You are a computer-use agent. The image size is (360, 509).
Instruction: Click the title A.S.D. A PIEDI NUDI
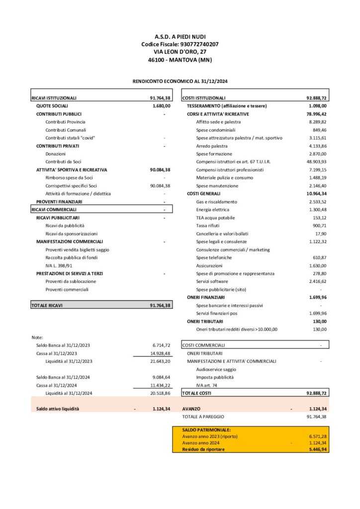pos(180,37)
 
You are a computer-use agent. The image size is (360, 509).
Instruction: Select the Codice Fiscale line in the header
pos(180,44)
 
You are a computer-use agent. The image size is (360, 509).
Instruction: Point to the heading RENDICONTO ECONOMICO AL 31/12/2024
pos(180,81)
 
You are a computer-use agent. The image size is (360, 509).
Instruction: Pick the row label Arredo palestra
pos(211,146)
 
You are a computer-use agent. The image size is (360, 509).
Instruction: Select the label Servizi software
pos(212,281)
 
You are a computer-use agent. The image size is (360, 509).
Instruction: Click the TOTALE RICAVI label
pos(49,305)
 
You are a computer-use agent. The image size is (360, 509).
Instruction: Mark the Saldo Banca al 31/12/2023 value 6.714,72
pos(161,345)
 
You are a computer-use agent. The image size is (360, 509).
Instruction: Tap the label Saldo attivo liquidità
pos(58,409)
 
